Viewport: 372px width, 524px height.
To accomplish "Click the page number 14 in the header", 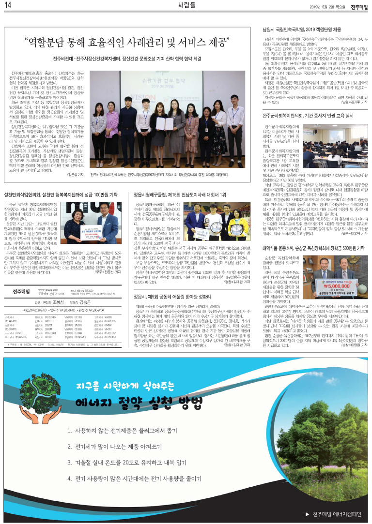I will tap(8, 5).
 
